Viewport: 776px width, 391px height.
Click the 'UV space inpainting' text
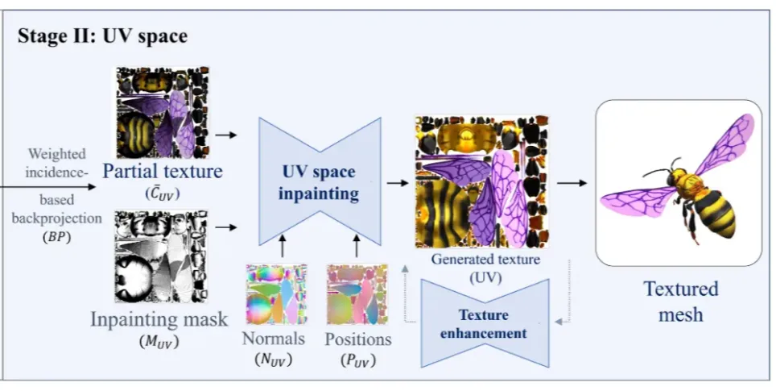click(317, 182)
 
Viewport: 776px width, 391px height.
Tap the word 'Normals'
click(273, 338)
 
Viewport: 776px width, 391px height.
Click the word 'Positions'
click(358, 339)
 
